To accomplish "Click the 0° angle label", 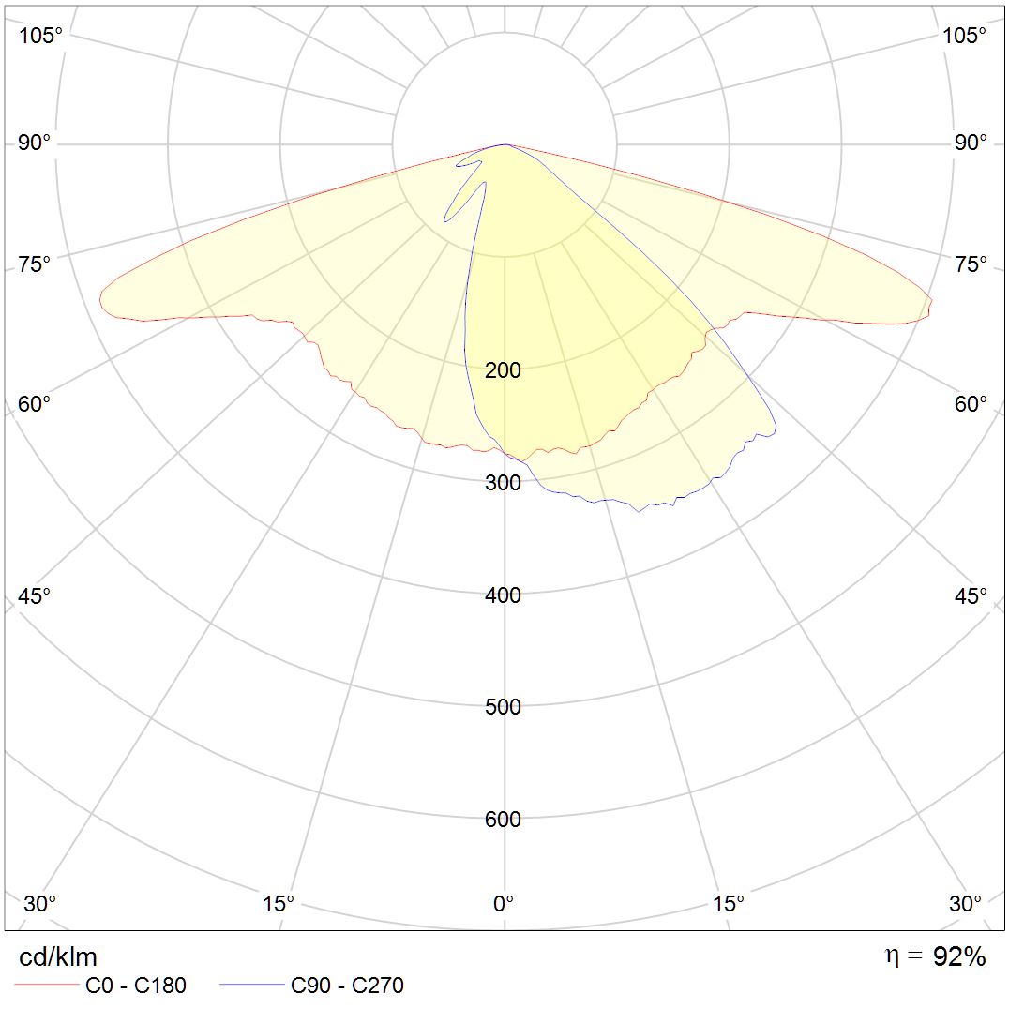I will pyautogui.click(x=504, y=904).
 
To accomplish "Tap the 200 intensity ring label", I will pyautogui.click(x=503, y=370).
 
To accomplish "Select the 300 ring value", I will pyautogui.click(x=503, y=483).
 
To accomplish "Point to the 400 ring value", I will pyautogui.click(x=503, y=595).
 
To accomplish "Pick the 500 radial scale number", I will pyautogui.click(x=503, y=707).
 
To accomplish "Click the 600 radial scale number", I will pyautogui.click(x=503, y=820).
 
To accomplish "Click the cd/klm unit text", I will pyautogui.click(x=58, y=956).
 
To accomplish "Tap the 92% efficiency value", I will pyautogui.click(x=959, y=956).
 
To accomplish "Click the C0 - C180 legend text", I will pyautogui.click(x=136, y=986).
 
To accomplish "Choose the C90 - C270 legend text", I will pyautogui.click(x=347, y=986).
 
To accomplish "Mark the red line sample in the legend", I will pyautogui.click(x=46, y=986).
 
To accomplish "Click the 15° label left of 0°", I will pyautogui.click(x=279, y=904).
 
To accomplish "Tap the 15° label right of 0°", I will pyautogui.click(x=729, y=904).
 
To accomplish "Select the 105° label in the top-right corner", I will pyautogui.click(x=964, y=36).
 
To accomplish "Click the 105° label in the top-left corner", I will pyautogui.click(x=41, y=36).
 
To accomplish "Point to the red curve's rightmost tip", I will pyautogui.click(x=932, y=301).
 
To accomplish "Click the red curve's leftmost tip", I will pyautogui.click(x=99, y=298).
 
